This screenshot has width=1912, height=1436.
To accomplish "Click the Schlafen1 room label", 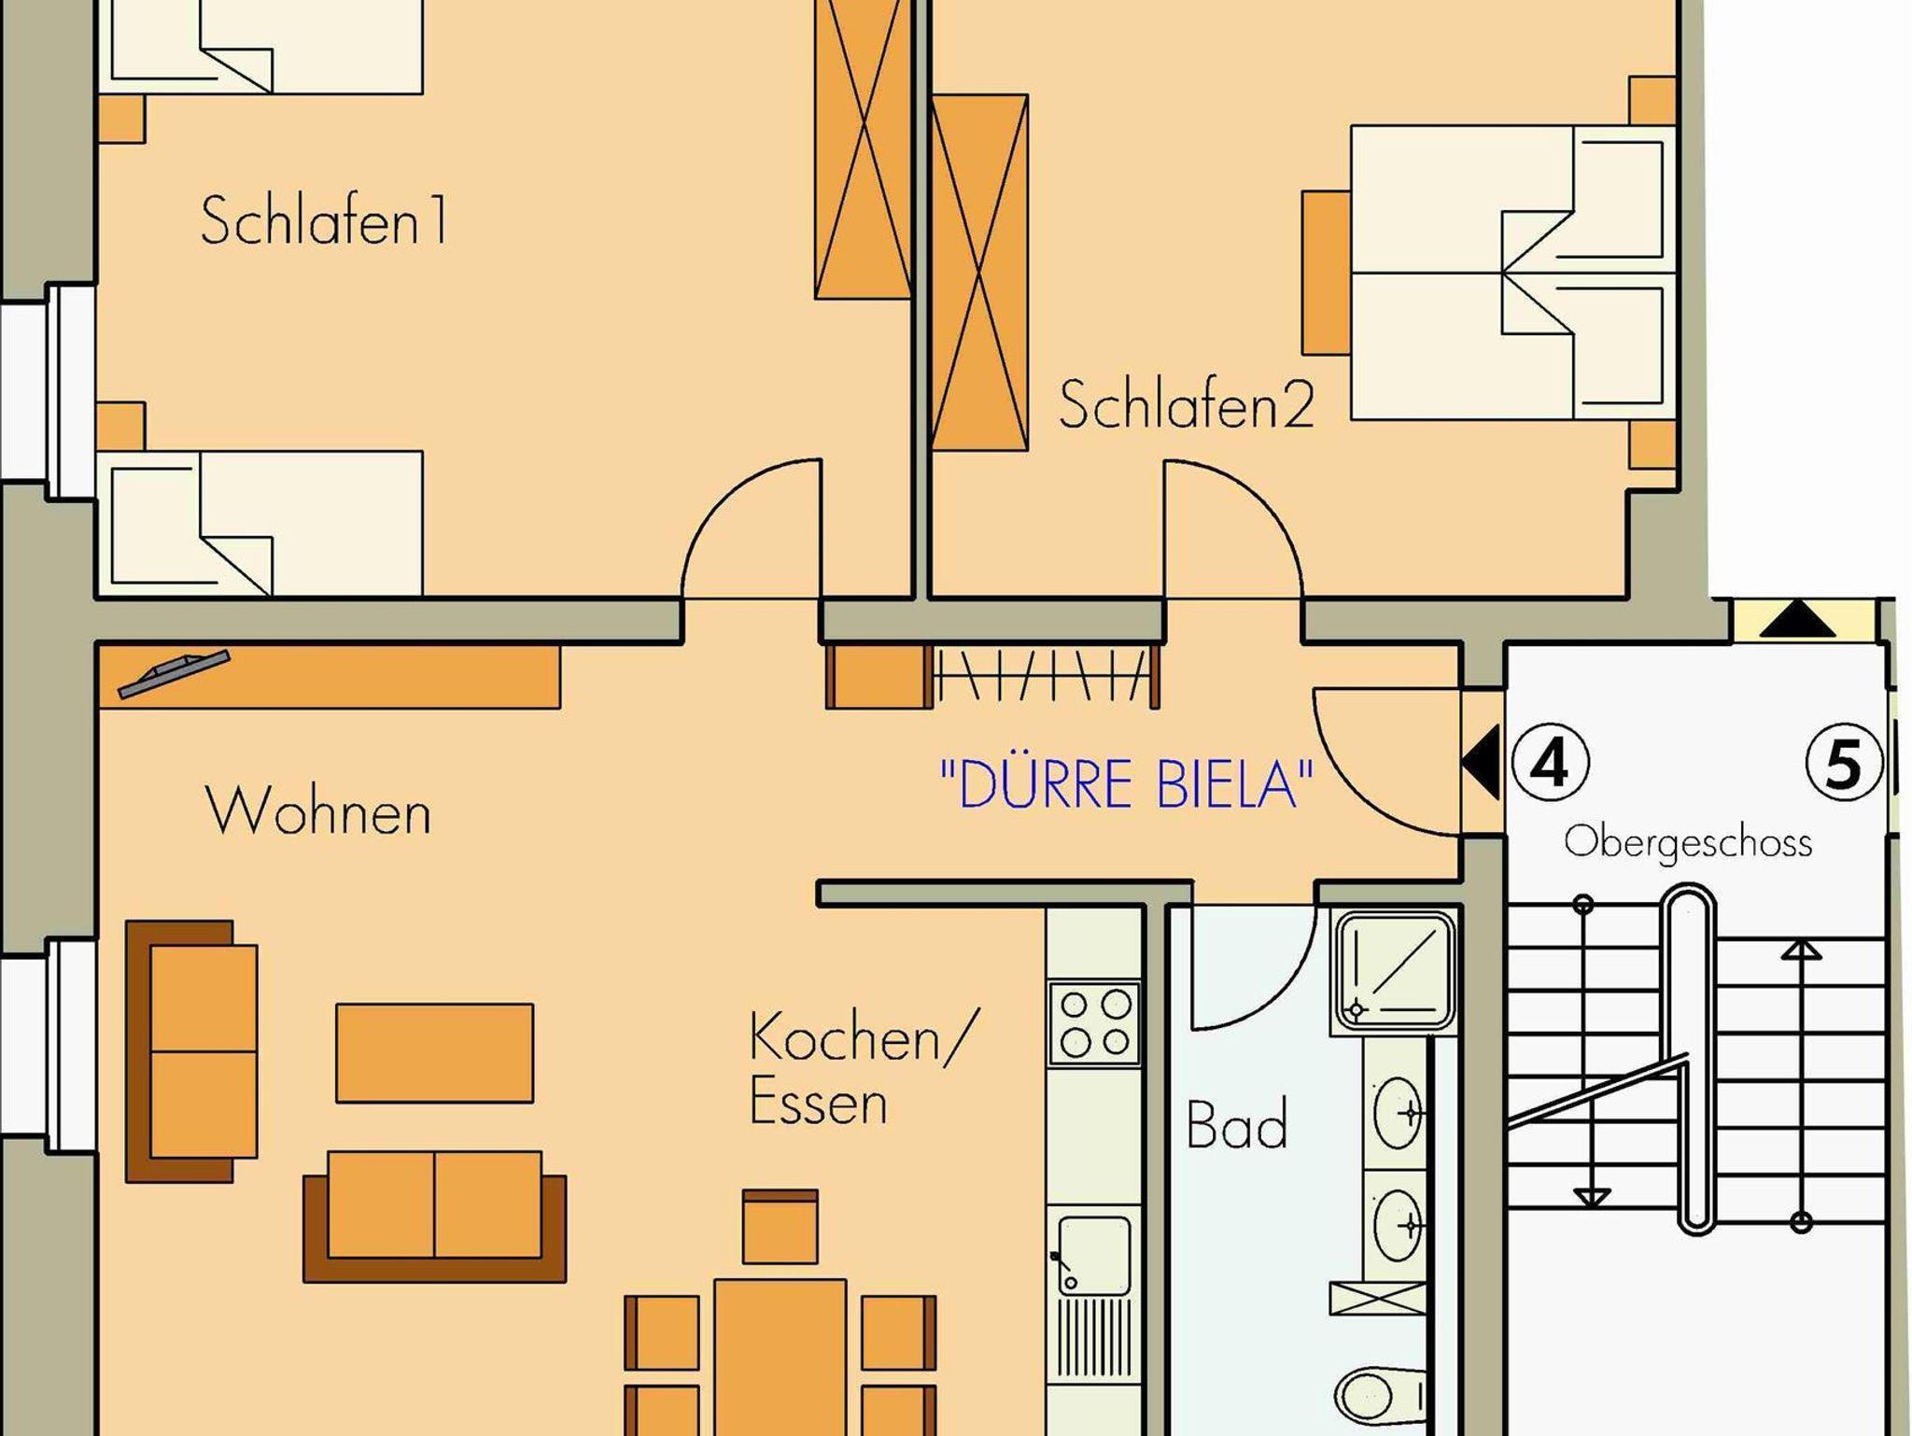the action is pos(324,220).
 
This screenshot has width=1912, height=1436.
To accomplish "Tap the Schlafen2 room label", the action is pos(1187,404).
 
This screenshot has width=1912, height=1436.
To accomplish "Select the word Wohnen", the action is pos(318,810).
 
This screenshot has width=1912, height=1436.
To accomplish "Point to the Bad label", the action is pos(1237,1124).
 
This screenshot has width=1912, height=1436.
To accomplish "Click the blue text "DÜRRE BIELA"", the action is pos(1127,783).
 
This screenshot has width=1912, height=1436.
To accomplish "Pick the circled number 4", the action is pos(1550,764).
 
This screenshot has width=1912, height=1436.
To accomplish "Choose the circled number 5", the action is pos(1843,764).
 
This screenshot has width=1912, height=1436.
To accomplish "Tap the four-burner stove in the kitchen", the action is pos(1094,1023).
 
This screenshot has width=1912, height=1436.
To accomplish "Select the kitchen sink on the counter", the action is pos(1093,1255).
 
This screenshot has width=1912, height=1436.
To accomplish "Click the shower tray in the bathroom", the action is pos(1395,972).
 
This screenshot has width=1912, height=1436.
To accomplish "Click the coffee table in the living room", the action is pos(434,1053).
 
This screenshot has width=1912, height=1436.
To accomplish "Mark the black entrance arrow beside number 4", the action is pos(1481,762).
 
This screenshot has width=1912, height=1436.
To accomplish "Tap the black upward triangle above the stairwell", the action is pos(1797,620).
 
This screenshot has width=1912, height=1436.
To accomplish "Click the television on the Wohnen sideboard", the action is pos(174,673).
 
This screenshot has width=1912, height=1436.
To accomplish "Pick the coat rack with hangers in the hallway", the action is pos(1044,676).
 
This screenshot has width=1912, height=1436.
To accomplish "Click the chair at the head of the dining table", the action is pos(780,1226).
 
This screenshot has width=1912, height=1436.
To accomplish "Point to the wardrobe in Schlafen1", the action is pos(863,149).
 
